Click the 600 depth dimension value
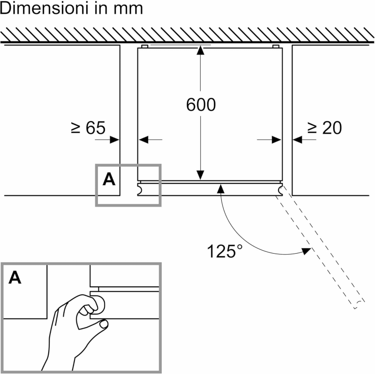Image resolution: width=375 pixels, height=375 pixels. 201,105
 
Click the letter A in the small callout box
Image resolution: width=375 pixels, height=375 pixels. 109,179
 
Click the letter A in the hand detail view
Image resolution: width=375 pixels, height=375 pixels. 15,278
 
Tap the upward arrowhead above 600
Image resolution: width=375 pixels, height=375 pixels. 201,50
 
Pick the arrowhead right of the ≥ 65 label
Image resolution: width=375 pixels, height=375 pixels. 115,139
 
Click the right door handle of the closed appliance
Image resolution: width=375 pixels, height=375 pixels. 281,189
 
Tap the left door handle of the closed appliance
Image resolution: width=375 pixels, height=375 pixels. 140,189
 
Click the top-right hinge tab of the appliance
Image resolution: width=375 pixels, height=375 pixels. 276,46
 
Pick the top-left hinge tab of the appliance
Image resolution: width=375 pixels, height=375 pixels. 144,46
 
